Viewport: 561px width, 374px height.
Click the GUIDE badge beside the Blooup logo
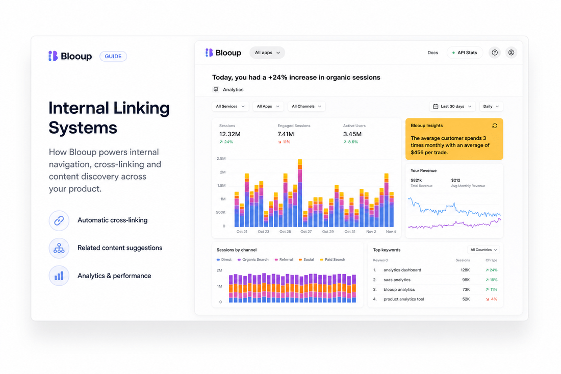[113, 56]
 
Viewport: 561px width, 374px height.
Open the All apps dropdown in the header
[267, 53]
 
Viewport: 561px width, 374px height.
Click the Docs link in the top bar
[432, 53]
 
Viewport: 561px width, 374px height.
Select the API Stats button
[465, 53]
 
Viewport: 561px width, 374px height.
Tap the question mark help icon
[495, 53]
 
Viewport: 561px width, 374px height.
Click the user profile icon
[511, 53]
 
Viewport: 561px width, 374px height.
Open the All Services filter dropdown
[231, 106]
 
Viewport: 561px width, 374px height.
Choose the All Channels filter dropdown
[307, 106]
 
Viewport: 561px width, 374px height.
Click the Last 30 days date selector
[452, 106]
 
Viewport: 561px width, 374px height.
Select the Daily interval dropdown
[491, 106]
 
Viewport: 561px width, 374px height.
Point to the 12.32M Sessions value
[229, 134]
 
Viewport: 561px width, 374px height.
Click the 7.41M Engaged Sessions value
[286, 134]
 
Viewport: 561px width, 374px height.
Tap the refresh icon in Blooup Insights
[495, 126]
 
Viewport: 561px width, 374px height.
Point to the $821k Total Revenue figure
[416, 181]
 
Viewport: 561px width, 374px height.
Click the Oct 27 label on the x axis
[306, 232]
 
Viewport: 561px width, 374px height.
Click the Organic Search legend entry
[253, 260]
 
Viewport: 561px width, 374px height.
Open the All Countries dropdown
[483, 250]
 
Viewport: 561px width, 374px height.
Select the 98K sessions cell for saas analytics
[466, 280]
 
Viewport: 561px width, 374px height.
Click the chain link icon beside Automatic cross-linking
[59, 220]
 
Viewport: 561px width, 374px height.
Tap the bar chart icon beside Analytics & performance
[59, 276]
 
